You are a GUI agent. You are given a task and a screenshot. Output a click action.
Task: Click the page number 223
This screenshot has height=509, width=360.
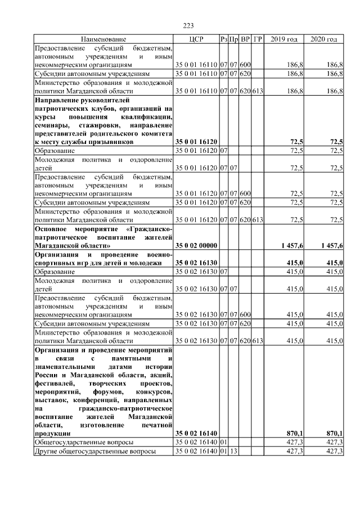188,25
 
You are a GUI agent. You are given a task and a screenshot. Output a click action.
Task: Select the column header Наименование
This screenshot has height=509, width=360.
103,39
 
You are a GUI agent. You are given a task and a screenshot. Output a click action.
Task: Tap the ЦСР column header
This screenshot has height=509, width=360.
196,39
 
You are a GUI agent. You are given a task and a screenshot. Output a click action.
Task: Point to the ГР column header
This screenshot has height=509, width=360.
258,39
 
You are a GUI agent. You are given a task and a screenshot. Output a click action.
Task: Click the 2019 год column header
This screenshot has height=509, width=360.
284,39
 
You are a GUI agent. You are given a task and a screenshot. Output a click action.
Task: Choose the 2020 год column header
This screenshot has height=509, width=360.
324,39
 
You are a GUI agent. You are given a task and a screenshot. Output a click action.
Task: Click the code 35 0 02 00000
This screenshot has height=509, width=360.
196,246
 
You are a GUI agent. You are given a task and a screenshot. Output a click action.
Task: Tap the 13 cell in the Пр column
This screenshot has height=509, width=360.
234,451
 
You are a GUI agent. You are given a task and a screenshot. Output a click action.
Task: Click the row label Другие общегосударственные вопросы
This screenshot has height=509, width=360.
95,451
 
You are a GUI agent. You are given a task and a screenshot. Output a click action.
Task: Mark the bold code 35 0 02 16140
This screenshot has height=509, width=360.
196,433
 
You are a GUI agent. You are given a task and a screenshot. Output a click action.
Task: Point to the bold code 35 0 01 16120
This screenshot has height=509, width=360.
196,142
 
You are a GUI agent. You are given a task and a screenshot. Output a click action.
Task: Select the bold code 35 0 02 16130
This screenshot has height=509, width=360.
196,263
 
